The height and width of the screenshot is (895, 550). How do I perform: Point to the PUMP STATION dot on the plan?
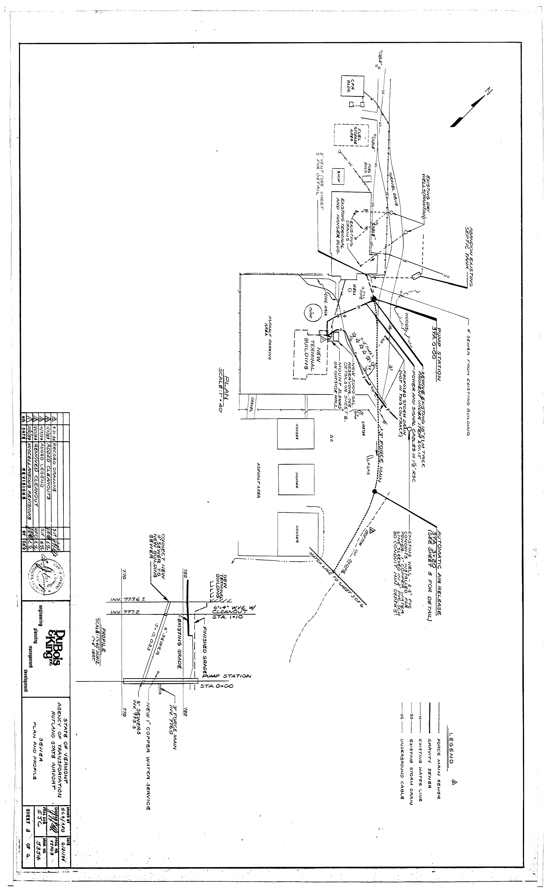coord(374,298)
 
